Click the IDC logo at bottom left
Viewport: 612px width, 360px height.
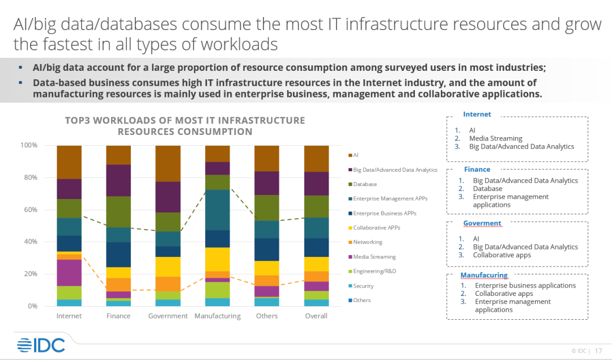pyautogui.click(x=41, y=345)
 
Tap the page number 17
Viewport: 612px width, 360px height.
pyautogui.click(x=598, y=350)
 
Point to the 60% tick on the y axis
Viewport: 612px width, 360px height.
pyautogui.click(x=29, y=210)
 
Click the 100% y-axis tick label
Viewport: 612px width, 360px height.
pyautogui.click(x=28, y=145)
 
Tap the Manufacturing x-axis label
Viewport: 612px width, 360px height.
pyautogui.click(x=218, y=316)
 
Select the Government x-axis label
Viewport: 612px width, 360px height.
pyautogui.click(x=168, y=316)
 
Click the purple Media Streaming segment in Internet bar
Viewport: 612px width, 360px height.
pyautogui.click(x=69, y=273)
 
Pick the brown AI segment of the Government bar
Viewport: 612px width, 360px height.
pyautogui.click(x=168, y=163)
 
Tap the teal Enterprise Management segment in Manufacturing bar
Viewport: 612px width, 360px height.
pyautogui.click(x=218, y=210)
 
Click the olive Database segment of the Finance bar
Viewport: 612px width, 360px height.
pyautogui.click(x=118, y=211)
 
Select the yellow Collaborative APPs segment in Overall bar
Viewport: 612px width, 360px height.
pyautogui.click(x=316, y=264)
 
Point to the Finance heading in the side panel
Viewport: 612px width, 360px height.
pyautogui.click(x=477, y=169)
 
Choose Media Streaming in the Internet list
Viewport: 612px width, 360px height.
pyautogui.click(x=495, y=138)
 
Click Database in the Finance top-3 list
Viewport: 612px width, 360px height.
pyautogui.click(x=488, y=189)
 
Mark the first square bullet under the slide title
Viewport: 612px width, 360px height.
pyautogui.click(x=21, y=67)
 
